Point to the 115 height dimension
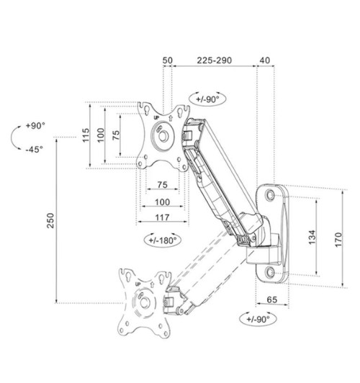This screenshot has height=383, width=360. [x=86, y=135]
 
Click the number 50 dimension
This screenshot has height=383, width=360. [x=168, y=62]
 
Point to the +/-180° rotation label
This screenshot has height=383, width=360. [x=162, y=240]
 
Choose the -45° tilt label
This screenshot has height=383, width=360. [x=34, y=149]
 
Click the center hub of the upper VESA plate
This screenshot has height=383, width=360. [x=164, y=135]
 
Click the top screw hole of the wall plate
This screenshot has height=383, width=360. [x=276, y=193]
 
